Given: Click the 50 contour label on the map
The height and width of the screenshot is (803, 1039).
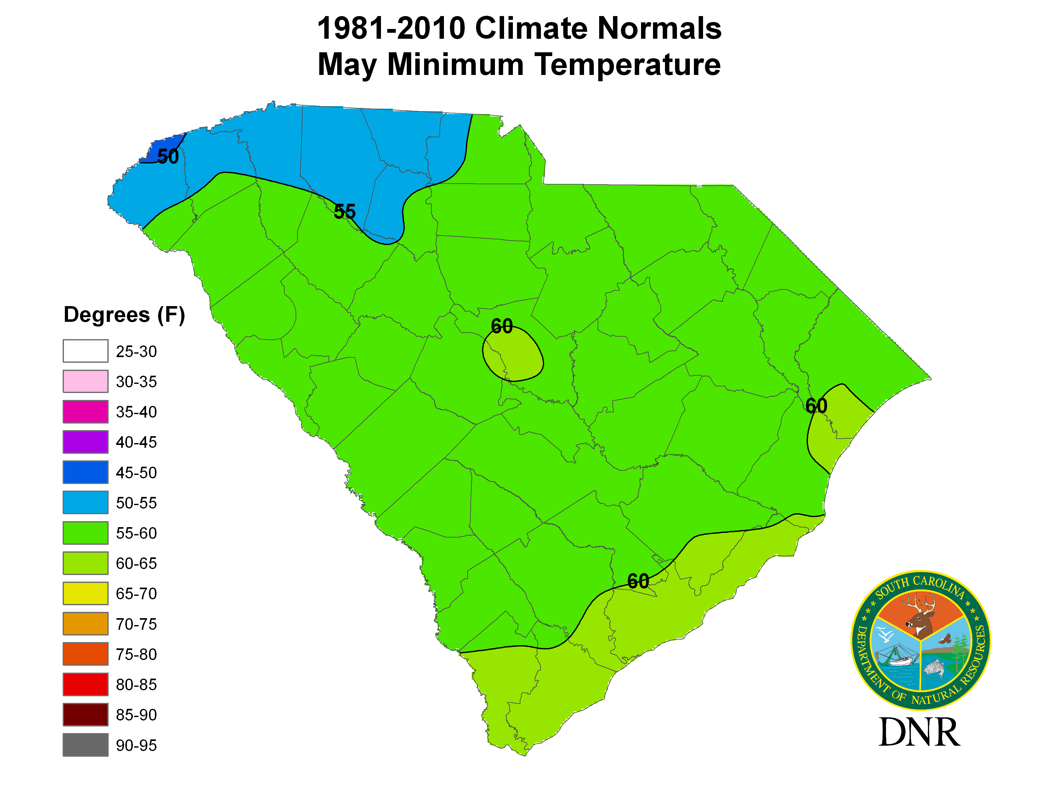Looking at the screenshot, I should tap(168, 157).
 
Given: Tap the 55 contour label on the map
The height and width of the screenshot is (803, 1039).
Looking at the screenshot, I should tap(344, 212).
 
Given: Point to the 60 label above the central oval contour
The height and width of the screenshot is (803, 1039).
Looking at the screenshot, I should tap(502, 326).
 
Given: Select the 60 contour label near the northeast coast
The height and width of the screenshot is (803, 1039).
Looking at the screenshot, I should tap(816, 406).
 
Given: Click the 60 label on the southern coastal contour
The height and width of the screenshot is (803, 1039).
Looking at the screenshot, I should tap(638, 581).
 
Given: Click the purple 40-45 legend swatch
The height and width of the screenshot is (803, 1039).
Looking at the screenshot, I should tap(86, 442).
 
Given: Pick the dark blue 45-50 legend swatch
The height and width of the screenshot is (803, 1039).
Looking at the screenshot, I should tap(86, 472).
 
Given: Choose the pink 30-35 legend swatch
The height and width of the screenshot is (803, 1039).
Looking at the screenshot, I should tap(86, 382).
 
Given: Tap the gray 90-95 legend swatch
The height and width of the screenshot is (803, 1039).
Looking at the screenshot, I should tap(86, 745).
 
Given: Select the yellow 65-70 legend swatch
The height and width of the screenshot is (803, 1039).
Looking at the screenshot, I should tap(86, 594).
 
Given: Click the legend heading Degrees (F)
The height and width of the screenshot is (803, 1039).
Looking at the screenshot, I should tap(124, 315).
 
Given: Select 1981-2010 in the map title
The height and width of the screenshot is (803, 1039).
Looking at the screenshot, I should tap(391, 29).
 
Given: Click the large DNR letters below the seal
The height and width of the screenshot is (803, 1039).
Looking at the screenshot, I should tap(919, 732).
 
